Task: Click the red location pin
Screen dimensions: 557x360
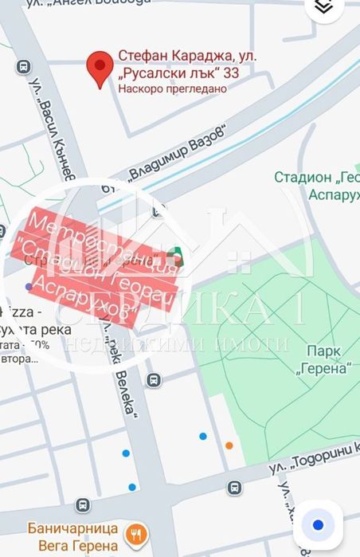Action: pos(99,69)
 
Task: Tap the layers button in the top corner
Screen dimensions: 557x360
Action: pos(323,7)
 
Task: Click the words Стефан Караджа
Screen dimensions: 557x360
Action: pos(166,56)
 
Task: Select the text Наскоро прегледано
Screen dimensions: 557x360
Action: pos(172,88)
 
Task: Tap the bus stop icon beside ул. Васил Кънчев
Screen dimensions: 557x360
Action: pos(24,68)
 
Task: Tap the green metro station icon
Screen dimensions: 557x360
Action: pos(177,257)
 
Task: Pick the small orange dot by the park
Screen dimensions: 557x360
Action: pos(229,445)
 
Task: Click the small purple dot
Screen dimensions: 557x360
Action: pos(29,285)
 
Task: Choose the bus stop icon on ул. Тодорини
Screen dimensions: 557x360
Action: pos(234,488)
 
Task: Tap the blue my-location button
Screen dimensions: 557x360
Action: pos(318,525)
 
